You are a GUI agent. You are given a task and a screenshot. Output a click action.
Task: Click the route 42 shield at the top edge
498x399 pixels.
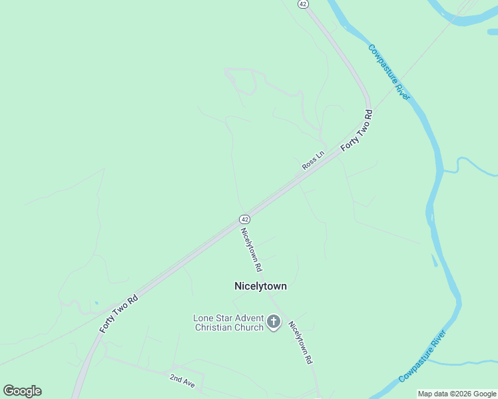(304, 4)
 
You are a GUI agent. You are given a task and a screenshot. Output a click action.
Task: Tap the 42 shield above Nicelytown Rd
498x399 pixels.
(245, 219)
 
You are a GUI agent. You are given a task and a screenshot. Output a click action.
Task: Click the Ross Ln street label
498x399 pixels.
(312, 160)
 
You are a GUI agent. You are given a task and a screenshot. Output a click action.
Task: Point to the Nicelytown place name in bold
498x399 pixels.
(260, 286)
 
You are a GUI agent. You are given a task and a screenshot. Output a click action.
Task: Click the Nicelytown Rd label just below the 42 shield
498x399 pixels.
(252, 249)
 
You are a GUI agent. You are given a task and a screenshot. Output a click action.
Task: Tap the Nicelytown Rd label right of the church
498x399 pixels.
(300, 342)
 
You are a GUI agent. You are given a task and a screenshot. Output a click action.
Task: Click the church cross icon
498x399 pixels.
(273, 323)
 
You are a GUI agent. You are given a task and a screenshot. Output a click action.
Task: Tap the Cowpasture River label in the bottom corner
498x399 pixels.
(422, 360)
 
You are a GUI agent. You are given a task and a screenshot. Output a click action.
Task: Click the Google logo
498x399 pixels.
(22, 391)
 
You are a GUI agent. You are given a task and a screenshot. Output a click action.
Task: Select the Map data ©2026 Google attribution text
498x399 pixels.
(457, 394)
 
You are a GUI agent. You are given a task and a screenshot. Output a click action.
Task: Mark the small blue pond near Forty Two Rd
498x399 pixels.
(97, 303)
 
